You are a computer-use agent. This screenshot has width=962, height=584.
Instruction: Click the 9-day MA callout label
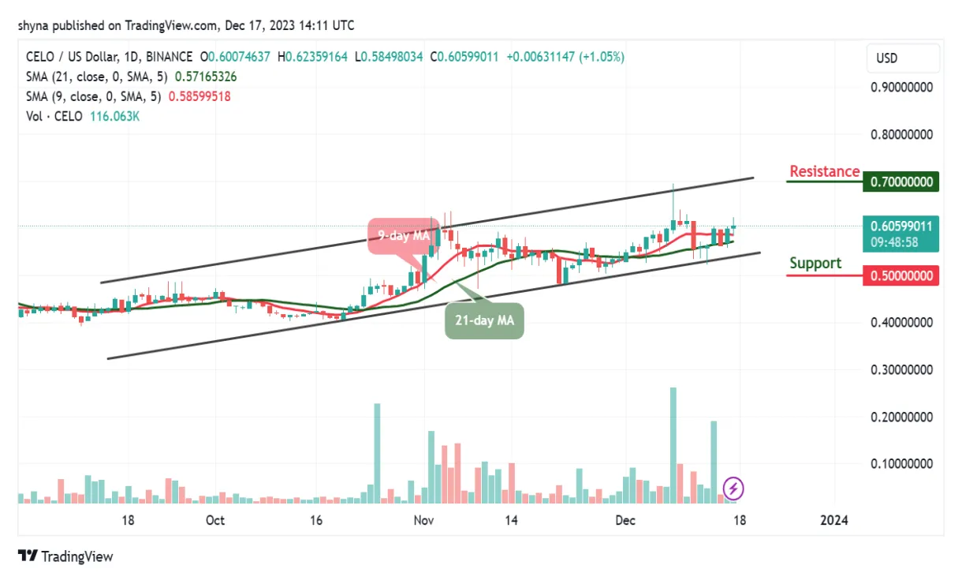[402, 235]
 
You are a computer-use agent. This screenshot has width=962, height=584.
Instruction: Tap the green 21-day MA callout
[484, 321]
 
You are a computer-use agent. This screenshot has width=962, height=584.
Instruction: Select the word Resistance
[824, 172]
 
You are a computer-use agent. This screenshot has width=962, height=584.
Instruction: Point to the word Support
[815, 264]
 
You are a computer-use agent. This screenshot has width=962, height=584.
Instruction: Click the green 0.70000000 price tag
[901, 182]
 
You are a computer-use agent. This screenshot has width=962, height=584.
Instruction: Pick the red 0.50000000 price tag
[901, 275]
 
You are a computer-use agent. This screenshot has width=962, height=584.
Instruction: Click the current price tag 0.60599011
[901, 226]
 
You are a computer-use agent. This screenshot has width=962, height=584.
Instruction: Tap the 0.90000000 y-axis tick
[901, 88]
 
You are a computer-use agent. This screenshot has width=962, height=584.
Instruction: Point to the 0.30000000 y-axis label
[901, 369]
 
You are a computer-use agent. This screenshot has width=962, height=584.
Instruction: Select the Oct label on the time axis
[214, 521]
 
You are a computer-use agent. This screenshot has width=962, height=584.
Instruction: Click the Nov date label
[423, 521]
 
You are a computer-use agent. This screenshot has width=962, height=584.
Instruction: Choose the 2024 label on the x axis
[834, 521]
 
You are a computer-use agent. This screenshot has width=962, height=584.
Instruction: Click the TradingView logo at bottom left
[65, 556]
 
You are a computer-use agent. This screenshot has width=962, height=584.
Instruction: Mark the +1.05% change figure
[603, 57]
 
